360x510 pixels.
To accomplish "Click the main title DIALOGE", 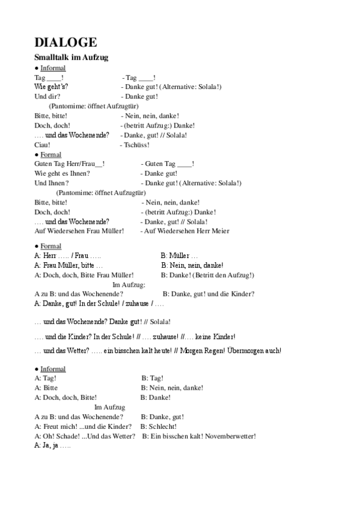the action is tap(66, 43).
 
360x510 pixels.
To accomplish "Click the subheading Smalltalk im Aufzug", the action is tap(71, 57).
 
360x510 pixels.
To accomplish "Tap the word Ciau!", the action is tap(42, 145).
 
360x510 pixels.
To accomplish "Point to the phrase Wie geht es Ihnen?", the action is tap(63, 173).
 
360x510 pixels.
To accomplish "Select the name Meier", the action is tap(220, 231).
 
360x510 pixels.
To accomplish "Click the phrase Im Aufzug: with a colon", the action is tap(129, 284).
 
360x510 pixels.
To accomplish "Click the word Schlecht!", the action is tap(155, 426).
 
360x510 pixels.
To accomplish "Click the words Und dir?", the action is tap(47, 96).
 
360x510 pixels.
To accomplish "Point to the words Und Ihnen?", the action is tap(52, 183).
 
